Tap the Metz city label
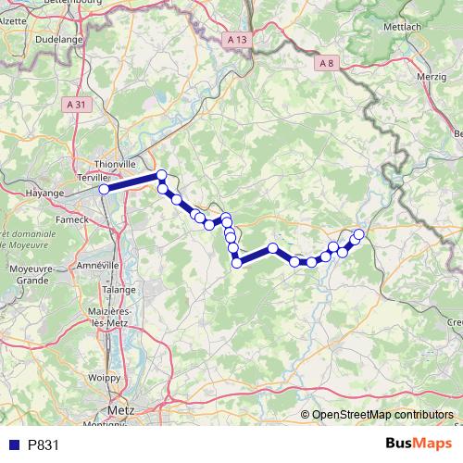121,407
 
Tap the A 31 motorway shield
81,105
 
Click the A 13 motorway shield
237,40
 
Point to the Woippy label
104,377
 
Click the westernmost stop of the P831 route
105,189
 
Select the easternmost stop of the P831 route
359,234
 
